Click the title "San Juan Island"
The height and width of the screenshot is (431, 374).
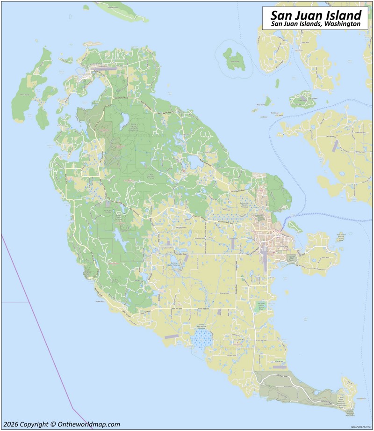(x=316, y=15)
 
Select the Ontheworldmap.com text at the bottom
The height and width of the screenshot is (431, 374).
(x=89, y=424)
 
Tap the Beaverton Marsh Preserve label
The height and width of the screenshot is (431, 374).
(x=245, y=204)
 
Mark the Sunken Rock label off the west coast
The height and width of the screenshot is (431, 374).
(x=100, y=302)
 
